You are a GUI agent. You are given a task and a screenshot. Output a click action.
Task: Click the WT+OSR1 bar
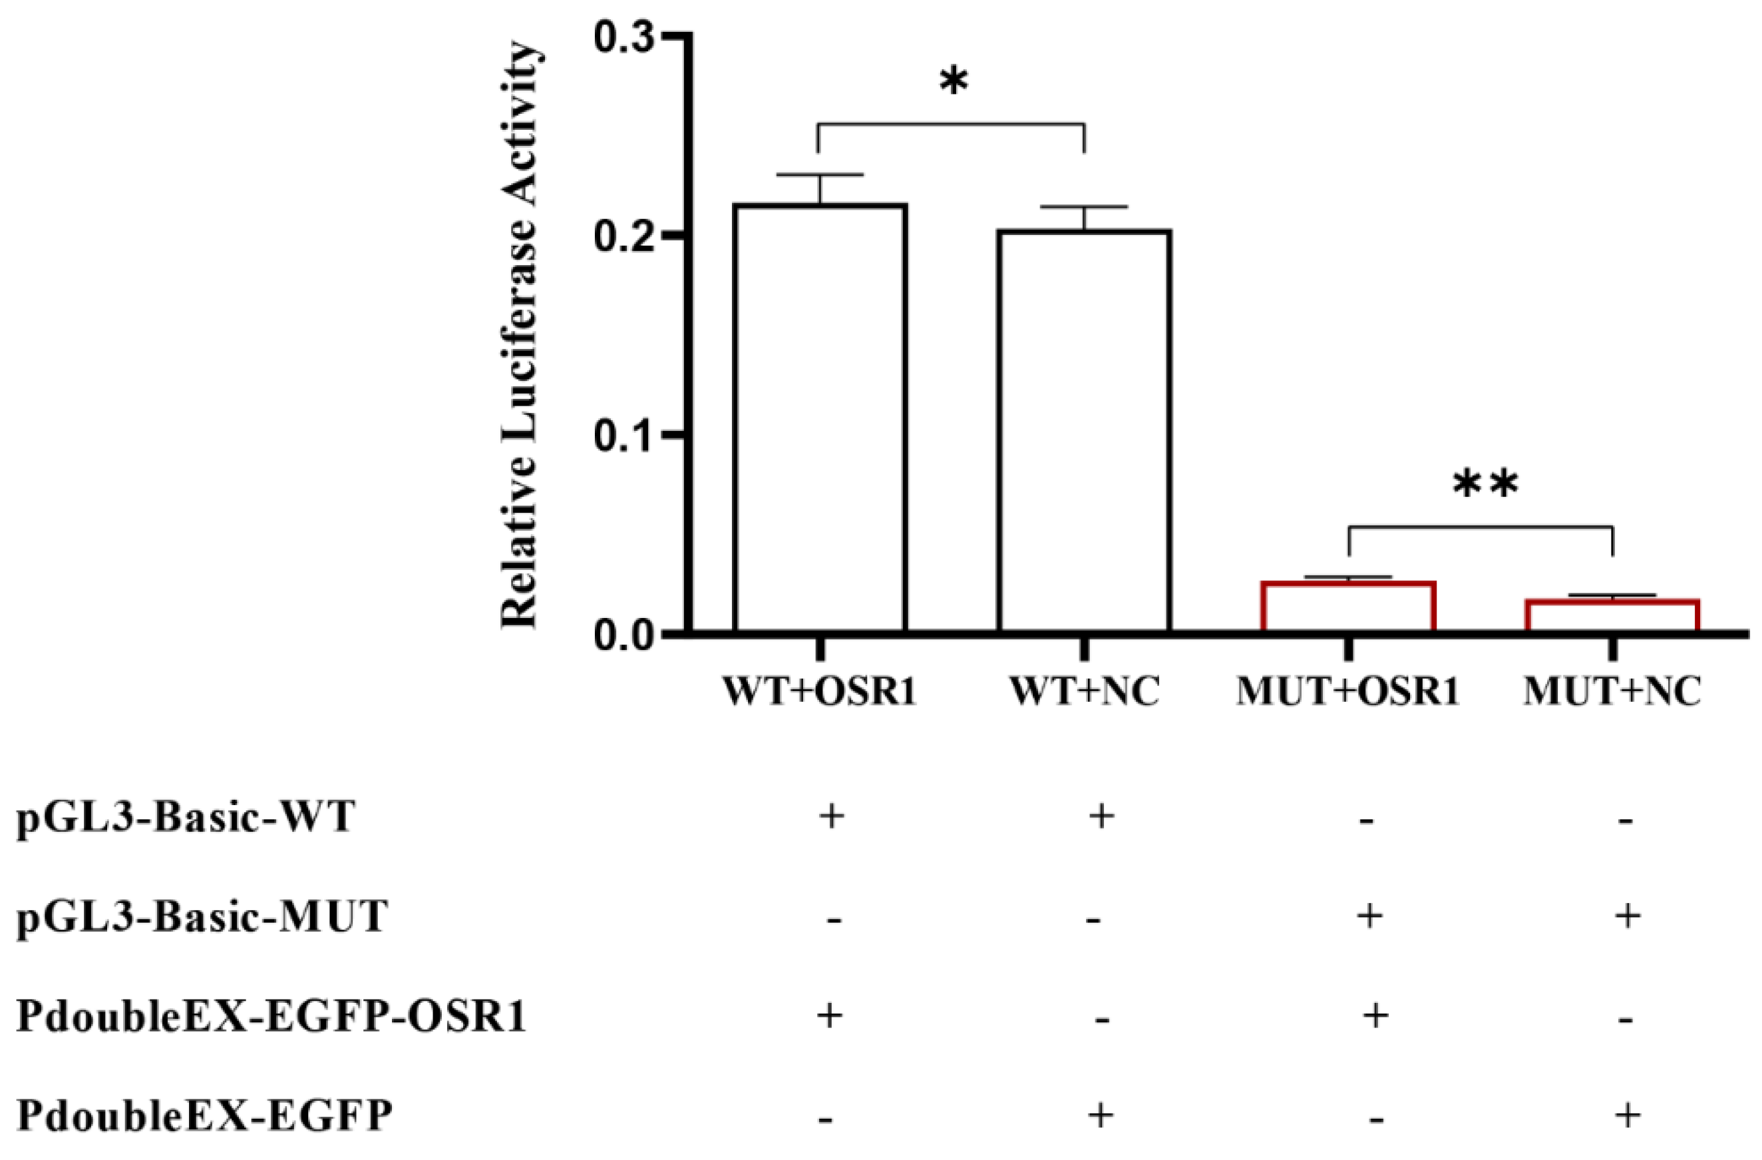(820, 418)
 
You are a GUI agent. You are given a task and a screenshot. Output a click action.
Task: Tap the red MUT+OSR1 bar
(1348, 606)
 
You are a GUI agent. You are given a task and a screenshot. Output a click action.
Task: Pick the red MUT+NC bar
(1612, 615)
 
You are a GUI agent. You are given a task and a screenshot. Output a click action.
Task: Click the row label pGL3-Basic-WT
(185, 818)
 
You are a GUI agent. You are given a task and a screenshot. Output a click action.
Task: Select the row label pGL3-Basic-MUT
(202, 917)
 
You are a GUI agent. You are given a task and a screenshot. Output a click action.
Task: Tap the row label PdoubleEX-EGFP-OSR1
(271, 1016)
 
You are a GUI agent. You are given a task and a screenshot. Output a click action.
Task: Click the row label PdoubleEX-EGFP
(204, 1115)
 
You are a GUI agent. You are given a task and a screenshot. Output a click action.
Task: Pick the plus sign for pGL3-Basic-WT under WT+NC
(1101, 816)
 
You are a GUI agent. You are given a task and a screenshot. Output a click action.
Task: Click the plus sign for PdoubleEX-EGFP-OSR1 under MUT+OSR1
(1375, 1015)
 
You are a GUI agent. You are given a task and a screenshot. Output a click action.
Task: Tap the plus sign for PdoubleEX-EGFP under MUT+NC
(1626, 1114)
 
